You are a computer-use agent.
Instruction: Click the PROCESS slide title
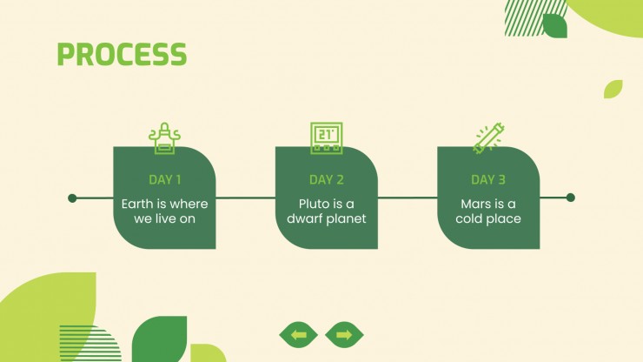pyautogui.click(x=122, y=54)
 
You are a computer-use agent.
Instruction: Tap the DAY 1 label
pyautogui.click(x=165, y=179)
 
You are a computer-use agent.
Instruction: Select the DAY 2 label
pyautogui.click(x=327, y=179)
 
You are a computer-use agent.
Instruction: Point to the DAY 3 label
pyautogui.click(x=488, y=179)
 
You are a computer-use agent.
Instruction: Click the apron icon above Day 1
pyautogui.click(x=164, y=138)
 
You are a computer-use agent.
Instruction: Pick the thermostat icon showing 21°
pyautogui.click(x=327, y=138)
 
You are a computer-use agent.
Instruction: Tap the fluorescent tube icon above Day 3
pyautogui.click(x=488, y=138)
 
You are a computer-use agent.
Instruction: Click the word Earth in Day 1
pyautogui.click(x=137, y=204)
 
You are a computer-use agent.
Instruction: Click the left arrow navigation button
pyautogui.click(x=299, y=335)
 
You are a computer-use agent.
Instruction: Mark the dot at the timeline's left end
pyautogui.click(x=72, y=198)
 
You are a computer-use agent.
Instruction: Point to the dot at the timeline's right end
pyautogui.click(x=570, y=198)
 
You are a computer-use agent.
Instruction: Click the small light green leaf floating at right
pyautogui.click(x=613, y=89)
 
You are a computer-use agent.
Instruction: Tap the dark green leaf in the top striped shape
pyautogui.click(x=555, y=26)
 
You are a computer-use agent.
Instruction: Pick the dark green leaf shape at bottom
pyautogui.click(x=159, y=339)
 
